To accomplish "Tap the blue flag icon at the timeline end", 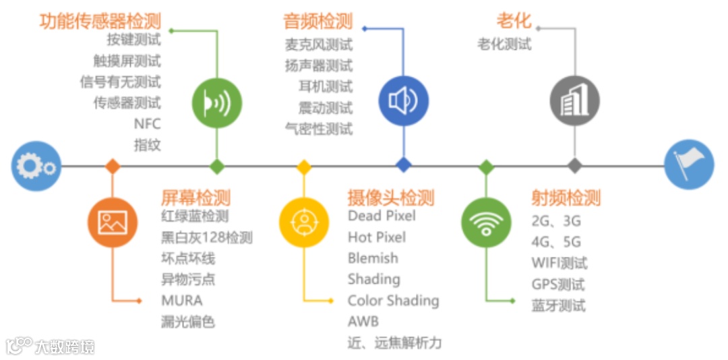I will click(x=688, y=166).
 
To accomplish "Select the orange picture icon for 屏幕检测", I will click(x=113, y=222).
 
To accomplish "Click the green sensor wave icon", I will click(x=216, y=103).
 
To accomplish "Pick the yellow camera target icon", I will click(x=304, y=222).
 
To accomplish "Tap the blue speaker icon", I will click(x=403, y=101).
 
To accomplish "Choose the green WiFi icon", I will click(x=486, y=222).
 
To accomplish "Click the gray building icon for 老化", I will click(x=574, y=101).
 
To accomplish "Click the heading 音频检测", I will click(x=318, y=21).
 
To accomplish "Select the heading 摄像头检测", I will click(x=391, y=198).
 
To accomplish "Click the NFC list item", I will click(x=148, y=124).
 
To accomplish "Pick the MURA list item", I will click(x=181, y=300).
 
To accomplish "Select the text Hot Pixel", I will click(x=377, y=237).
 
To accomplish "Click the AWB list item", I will click(x=363, y=322).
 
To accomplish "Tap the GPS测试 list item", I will click(x=558, y=284).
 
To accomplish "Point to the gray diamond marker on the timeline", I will click(x=574, y=166).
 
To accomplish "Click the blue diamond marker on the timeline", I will click(x=404, y=166).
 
